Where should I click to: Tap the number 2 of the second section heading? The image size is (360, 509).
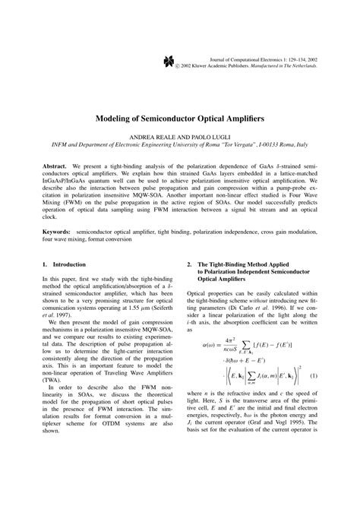(x=188, y=264)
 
